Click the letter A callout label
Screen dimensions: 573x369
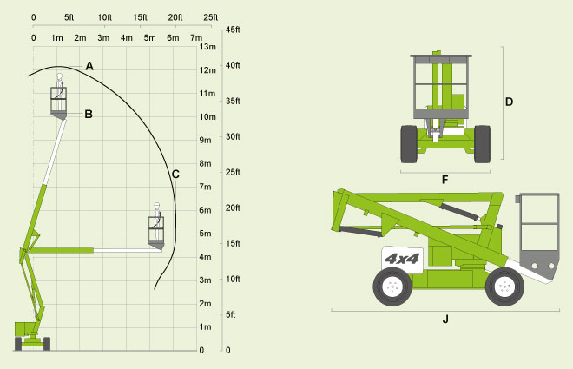tap(89, 66)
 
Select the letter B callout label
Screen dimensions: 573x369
tap(89, 114)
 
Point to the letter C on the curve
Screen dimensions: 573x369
tap(175, 175)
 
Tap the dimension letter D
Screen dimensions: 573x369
tap(509, 102)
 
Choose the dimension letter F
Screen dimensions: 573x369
tap(445, 180)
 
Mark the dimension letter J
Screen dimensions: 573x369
tap(445, 320)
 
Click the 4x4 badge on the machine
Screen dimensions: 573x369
tap(402, 259)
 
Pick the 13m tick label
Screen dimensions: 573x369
tap(207, 47)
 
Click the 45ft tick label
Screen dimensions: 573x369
tap(233, 30)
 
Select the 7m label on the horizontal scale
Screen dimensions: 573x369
tap(196, 38)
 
